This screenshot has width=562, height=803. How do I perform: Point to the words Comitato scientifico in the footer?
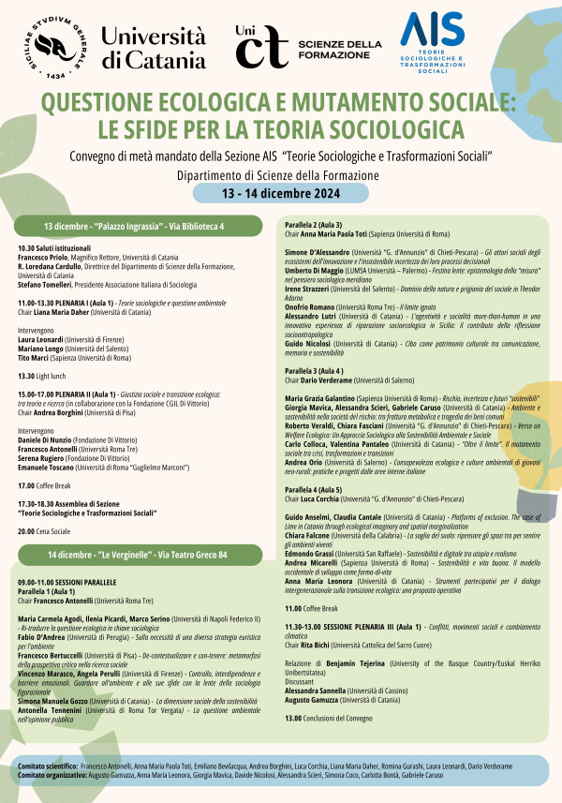pos(48,766)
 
